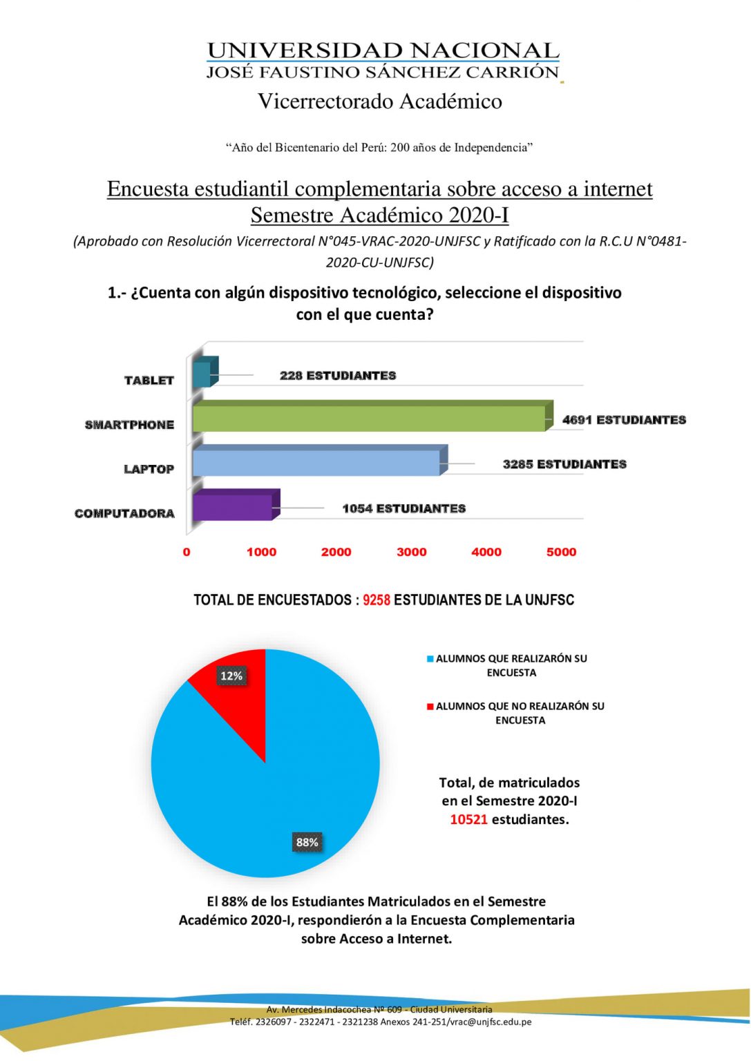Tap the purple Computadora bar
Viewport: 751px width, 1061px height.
click(x=232, y=507)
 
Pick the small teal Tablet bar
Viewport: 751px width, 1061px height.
click(x=202, y=374)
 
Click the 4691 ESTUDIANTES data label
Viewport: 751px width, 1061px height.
click(x=624, y=420)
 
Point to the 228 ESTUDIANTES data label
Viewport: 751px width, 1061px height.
click(x=338, y=376)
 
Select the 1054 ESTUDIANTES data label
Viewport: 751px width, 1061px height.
click(x=403, y=508)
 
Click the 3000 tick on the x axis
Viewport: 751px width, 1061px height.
click(x=412, y=552)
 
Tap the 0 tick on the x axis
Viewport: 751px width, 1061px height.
click(x=187, y=552)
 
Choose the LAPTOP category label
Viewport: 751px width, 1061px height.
click(x=149, y=469)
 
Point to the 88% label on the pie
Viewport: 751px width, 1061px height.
click(x=307, y=842)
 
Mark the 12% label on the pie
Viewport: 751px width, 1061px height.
click(x=231, y=676)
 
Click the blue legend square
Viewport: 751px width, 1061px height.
click(x=430, y=659)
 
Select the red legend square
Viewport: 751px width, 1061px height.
click(x=430, y=707)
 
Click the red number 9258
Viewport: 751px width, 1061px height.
click(x=377, y=600)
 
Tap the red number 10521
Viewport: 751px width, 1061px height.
click(x=468, y=819)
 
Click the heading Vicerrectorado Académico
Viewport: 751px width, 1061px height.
click(x=380, y=102)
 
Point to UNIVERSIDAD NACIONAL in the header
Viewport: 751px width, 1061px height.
click(x=383, y=51)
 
